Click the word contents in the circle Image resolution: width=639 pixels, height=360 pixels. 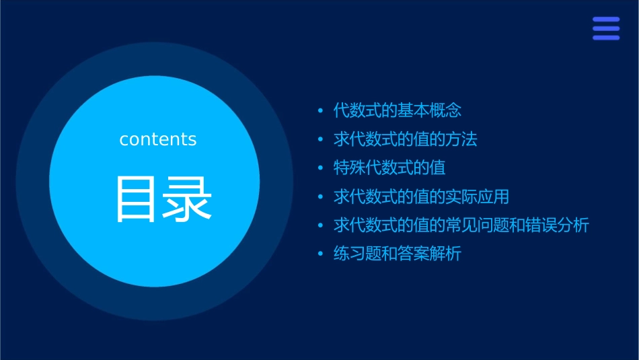[157, 139]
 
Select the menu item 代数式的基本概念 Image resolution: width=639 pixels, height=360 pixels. [397, 110]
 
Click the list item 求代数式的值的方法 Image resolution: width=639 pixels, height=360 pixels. [405, 139]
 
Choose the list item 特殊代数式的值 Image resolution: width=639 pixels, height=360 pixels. [389, 168]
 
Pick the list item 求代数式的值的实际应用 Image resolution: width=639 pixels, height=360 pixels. [421, 196]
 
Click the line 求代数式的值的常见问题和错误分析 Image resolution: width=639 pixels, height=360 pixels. [461, 225]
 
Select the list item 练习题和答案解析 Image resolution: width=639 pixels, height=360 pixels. [397, 254]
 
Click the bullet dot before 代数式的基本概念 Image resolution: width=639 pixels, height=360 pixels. [320, 110]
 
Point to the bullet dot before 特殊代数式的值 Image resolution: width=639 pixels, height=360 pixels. [320, 168]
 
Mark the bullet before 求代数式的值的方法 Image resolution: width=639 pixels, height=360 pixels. [320, 139]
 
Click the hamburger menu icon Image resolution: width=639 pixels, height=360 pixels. [606, 28]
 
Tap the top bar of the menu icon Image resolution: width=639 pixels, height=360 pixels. [606, 20]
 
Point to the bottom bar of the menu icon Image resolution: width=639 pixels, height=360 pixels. [606, 37]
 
